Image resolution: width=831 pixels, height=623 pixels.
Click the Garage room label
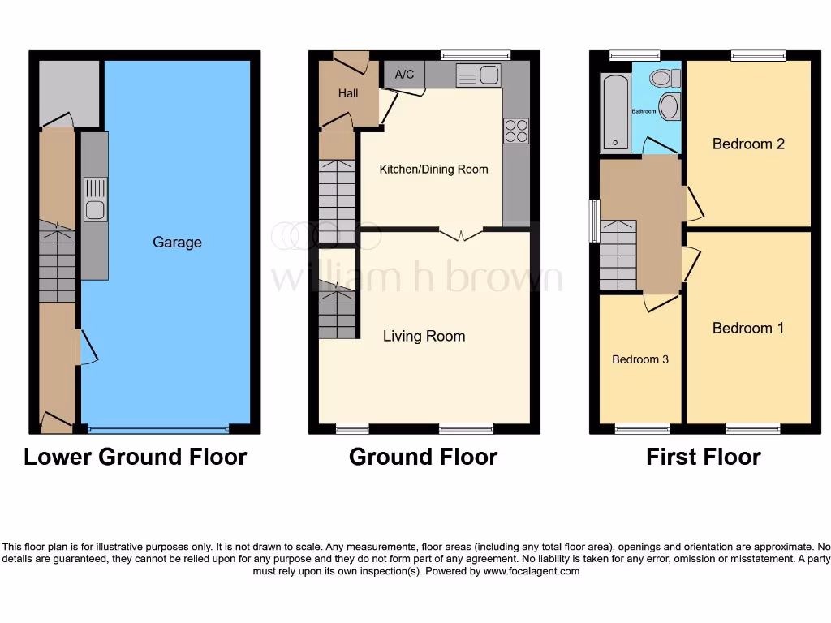point(177,242)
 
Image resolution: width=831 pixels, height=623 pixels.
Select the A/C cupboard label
point(404,75)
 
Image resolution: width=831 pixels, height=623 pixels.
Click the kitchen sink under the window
point(479,75)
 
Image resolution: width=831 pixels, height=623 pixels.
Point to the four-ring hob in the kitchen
point(515,131)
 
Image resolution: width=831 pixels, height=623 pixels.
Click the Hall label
point(348,93)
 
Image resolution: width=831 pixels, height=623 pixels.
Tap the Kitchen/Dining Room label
point(433,169)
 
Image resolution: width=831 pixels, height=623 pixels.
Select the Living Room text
point(424,336)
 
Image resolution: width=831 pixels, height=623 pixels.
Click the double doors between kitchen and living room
point(461,235)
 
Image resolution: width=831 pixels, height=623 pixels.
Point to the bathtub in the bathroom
point(615,114)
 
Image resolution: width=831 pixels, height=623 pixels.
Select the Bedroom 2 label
point(748,144)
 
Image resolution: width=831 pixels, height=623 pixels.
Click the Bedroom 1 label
point(748,328)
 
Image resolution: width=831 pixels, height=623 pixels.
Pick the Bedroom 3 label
point(640,359)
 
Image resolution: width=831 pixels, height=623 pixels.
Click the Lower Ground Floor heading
point(135,457)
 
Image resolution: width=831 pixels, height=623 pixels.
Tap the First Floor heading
point(703,457)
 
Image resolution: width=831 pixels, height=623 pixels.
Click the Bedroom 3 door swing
point(660,303)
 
